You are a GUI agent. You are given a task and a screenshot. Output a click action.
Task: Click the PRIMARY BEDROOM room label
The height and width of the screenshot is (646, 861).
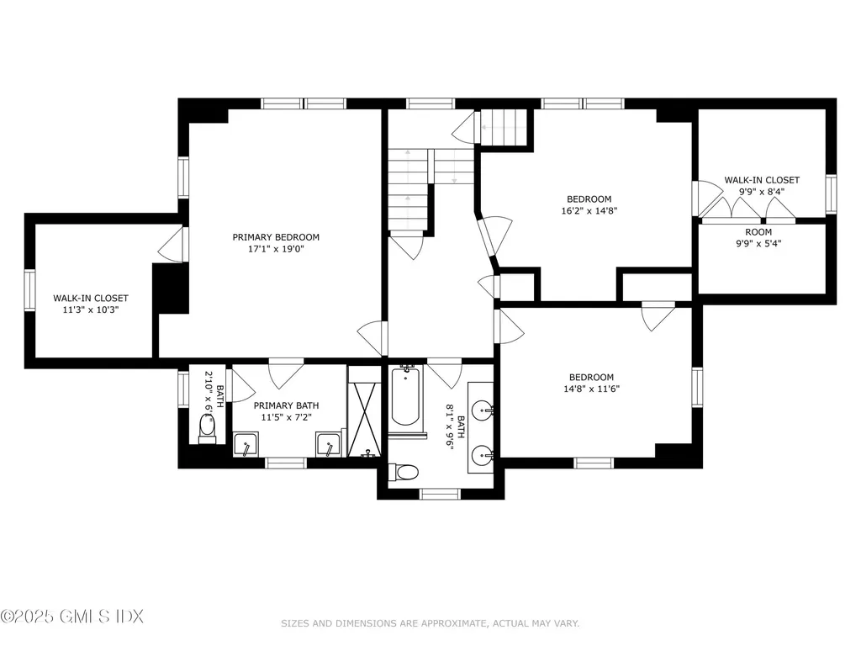(276, 237)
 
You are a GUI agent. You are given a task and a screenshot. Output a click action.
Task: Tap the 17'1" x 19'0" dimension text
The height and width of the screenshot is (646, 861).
(276, 249)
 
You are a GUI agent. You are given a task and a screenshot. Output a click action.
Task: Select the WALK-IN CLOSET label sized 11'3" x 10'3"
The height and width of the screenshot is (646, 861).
(91, 298)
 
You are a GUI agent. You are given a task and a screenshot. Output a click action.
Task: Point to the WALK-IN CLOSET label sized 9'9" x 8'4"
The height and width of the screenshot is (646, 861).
(762, 180)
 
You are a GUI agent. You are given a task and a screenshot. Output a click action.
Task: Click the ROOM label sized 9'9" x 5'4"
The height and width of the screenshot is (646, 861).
(758, 232)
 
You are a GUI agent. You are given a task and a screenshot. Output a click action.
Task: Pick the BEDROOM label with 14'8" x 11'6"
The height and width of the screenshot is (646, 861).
(591, 378)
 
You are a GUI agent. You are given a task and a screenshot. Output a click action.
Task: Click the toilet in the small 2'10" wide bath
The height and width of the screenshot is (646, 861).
(207, 429)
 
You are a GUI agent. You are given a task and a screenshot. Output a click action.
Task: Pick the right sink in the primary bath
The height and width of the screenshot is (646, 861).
(328, 443)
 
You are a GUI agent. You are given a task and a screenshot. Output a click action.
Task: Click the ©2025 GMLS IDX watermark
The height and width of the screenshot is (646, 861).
(72, 616)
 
